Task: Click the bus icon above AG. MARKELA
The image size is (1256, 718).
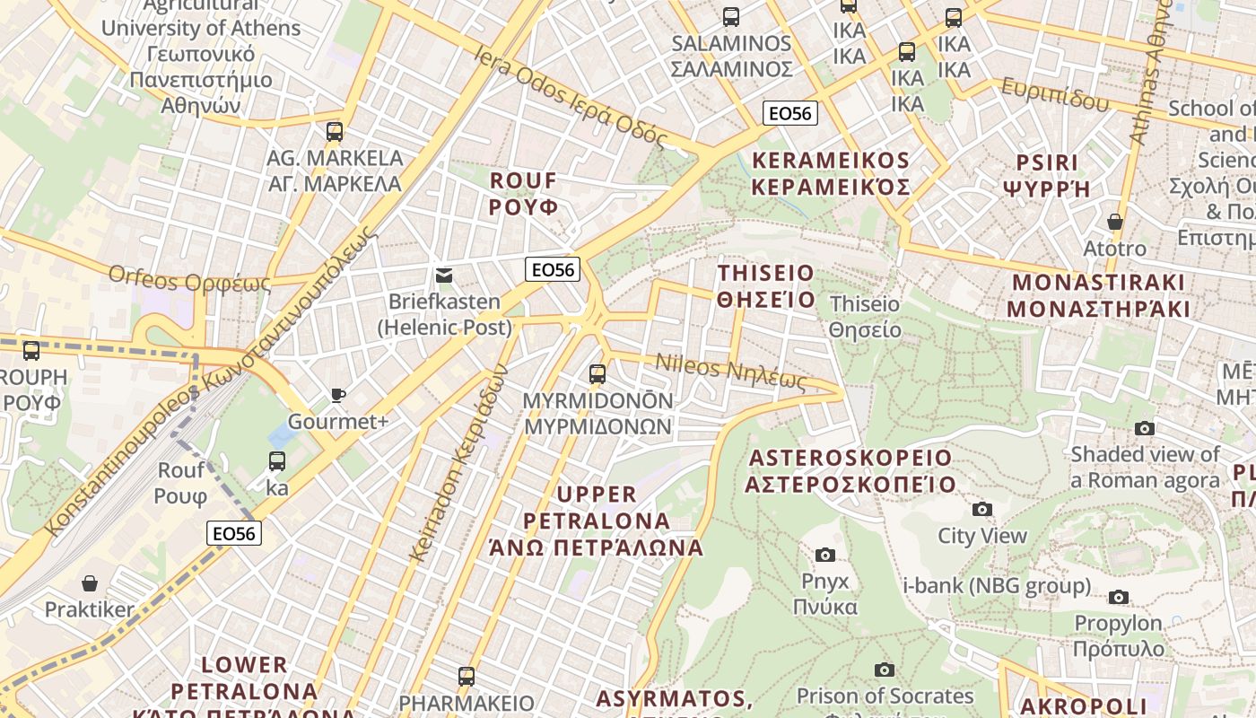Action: (x=335, y=132)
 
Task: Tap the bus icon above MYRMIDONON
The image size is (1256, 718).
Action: (x=597, y=374)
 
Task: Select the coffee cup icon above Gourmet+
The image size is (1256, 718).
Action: (x=337, y=395)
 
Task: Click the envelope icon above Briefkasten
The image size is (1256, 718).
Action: (x=444, y=276)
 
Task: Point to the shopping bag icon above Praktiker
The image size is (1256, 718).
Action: (x=89, y=584)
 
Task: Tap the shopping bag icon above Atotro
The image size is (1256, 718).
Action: (x=1115, y=222)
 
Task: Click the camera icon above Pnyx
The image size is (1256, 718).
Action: (x=825, y=555)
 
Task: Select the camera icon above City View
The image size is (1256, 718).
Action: (x=982, y=510)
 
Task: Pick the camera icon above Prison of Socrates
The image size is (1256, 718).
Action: (x=885, y=670)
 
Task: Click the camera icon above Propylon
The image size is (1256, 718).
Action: (x=1118, y=597)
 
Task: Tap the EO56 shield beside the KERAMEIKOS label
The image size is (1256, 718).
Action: (x=790, y=114)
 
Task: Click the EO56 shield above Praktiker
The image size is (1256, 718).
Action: (x=234, y=533)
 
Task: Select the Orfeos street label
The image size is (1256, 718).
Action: (x=189, y=278)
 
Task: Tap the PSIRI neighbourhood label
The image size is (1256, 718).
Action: (x=1046, y=176)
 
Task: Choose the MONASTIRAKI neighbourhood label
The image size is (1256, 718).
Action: (x=1098, y=296)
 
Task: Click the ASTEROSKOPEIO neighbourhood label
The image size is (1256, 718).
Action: (x=850, y=471)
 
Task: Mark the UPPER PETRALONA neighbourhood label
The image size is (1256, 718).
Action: (x=597, y=521)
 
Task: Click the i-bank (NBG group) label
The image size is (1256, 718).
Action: (x=997, y=586)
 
